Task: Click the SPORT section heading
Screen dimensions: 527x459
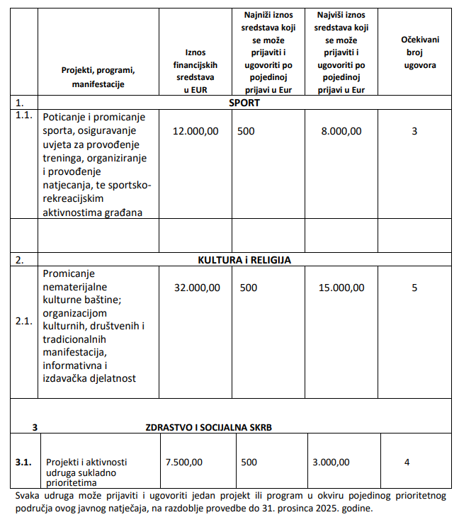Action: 244,103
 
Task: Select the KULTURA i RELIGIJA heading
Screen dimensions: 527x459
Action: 244,260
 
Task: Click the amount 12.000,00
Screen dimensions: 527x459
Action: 195,131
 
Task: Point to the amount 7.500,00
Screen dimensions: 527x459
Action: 184,462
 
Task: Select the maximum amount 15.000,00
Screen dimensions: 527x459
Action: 341,288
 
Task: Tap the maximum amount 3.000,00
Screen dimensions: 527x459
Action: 331,462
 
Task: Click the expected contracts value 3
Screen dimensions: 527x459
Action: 414,131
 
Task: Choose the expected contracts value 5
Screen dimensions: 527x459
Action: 414,288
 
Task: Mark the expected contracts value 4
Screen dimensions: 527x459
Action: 407,462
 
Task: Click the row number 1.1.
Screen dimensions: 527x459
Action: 24,115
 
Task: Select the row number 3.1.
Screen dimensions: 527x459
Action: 24,462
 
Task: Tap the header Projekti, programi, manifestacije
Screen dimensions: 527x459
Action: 98,77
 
